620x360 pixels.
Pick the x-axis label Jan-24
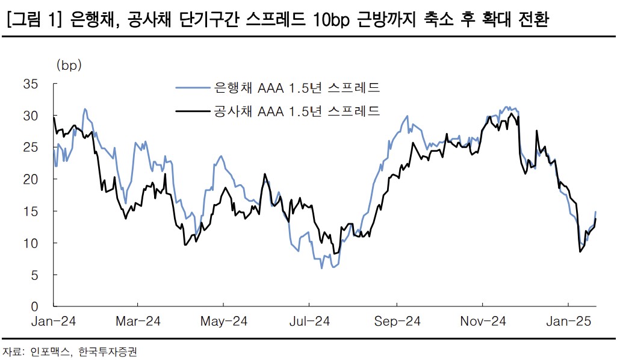(53, 321)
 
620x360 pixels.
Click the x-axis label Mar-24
(138, 321)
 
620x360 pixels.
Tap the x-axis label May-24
(224, 321)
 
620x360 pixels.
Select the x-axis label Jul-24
(309, 321)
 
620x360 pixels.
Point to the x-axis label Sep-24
(397, 321)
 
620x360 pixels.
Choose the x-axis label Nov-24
(483, 321)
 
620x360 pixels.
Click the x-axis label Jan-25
(569, 321)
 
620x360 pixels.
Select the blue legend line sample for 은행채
(192, 88)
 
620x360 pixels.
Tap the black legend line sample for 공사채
(192, 111)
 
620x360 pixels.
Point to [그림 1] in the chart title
(34, 20)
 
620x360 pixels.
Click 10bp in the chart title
(333, 20)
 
